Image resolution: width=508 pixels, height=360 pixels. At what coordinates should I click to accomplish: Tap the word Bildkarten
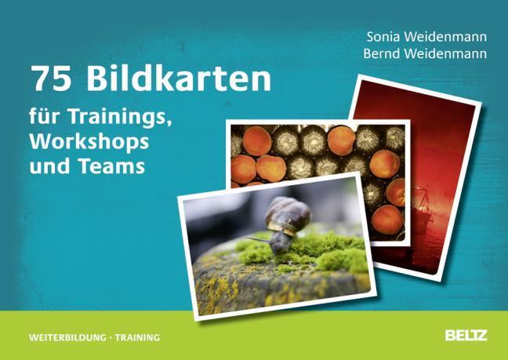[x=179, y=78]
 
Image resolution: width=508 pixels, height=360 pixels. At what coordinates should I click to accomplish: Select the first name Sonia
[x=383, y=37]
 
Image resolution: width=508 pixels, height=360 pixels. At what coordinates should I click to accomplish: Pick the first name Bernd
[x=382, y=53]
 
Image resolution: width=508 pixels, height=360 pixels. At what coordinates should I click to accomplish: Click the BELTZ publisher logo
[x=466, y=336]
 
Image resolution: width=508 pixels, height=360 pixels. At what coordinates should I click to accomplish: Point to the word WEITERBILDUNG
[x=67, y=337]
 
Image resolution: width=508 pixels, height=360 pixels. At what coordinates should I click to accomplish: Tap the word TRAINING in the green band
[x=137, y=337]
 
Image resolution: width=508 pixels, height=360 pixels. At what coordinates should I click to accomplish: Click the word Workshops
[x=89, y=142]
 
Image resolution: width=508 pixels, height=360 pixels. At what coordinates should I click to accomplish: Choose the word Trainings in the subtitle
[x=119, y=117]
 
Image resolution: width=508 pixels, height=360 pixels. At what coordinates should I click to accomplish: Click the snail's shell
[x=288, y=214]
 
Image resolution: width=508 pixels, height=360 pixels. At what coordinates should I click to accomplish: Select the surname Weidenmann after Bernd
[x=445, y=53]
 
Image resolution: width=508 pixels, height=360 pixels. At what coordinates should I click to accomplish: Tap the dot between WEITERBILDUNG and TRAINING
[x=111, y=338]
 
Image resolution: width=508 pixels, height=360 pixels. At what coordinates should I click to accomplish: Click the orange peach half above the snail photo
[x=270, y=169]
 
